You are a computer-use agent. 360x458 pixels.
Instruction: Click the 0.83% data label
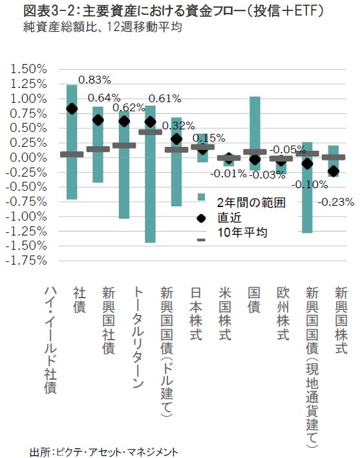click(x=94, y=80)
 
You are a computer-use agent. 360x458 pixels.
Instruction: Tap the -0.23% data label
click(x=336, y=202)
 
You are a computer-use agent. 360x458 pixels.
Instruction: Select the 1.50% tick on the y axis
click(x=28, y=69)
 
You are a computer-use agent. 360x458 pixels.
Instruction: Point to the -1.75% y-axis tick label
click(x=26, y=260)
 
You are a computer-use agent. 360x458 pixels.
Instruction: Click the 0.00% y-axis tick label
click(x=28, y=158)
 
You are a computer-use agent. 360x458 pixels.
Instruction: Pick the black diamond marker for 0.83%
click(x=72, y=109)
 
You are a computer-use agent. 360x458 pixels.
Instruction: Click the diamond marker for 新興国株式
click(x=334, y=171)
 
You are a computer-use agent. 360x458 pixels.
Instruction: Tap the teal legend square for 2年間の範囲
click(x=201, y=197)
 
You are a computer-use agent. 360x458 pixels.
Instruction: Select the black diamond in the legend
click(x=201, y=218)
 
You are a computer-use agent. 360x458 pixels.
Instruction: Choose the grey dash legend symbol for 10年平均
click(x=201, y=240)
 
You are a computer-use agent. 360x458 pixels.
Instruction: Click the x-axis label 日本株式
click(x=196, y=314)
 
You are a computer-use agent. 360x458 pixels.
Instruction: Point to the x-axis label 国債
click(x=254, y=300)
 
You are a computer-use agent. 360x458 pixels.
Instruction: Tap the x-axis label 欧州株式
click(x=283, y=314)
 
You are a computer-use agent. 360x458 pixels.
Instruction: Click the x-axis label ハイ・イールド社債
click(x=50, y=340)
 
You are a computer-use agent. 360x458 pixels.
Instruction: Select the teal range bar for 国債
click(x=255, y=133)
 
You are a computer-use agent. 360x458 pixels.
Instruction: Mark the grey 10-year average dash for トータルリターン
click(x=150, y=132)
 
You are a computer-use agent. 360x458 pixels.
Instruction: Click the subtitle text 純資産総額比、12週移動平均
click(x=103, y=27)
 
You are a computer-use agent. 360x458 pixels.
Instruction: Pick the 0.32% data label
click(x=178, y=126)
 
